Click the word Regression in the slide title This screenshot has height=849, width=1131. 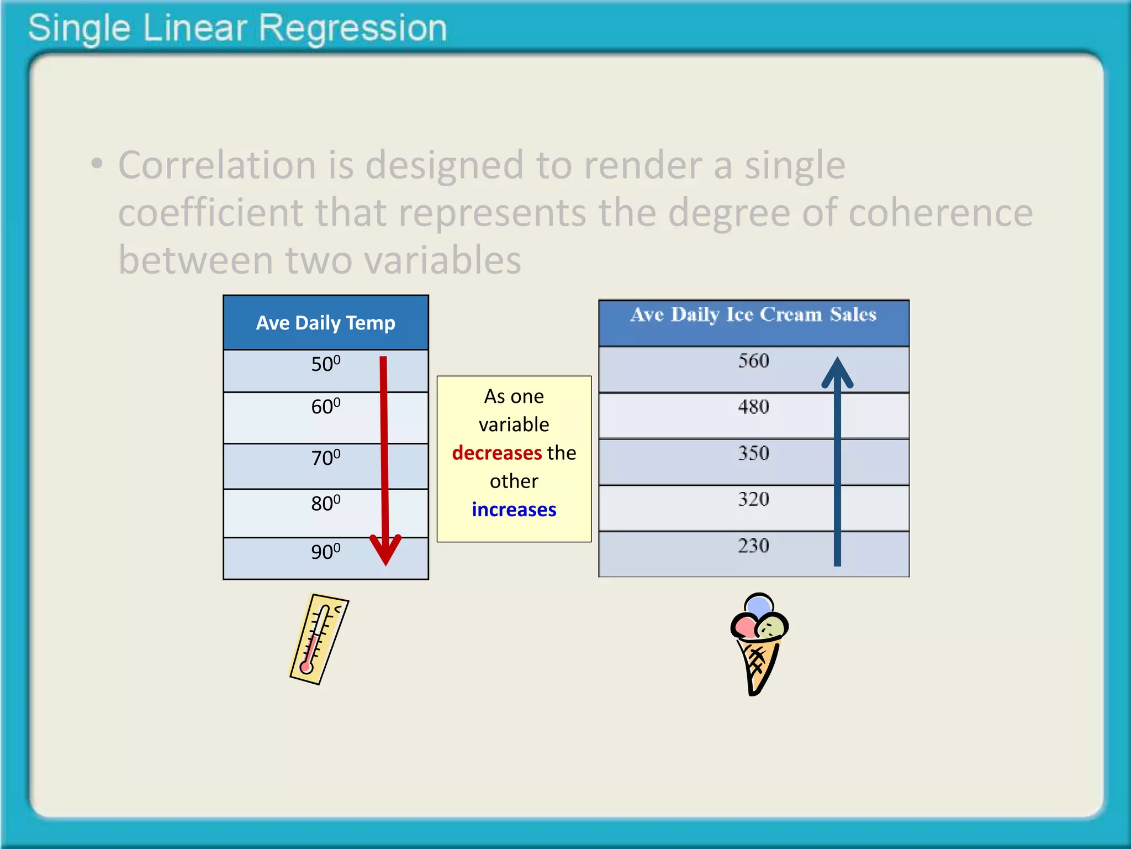tap(352, 29)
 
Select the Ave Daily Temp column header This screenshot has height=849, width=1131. tap(325, 323)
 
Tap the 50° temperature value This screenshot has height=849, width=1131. tap(325, 364)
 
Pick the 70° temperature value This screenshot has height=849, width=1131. tap(325, 458)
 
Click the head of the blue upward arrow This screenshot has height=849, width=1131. tap(837, 373)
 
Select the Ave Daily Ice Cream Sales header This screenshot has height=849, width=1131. tap(753, 315)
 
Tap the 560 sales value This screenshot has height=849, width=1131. tap(753, 361)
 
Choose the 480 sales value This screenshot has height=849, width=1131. tap(753, 407)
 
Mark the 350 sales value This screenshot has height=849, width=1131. tap(753, 454)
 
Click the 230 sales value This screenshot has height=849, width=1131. tap(753, 546)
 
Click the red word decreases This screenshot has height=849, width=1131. tap(496, 453)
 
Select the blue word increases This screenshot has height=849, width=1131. tap(514, 510)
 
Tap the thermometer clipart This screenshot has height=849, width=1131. tap(319, 639)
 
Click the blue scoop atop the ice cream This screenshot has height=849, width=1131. tap(759, 605)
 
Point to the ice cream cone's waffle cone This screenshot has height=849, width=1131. tap(758, 663)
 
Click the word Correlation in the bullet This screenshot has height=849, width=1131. tap(217, 165)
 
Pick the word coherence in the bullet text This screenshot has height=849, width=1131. tap(940, 213)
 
